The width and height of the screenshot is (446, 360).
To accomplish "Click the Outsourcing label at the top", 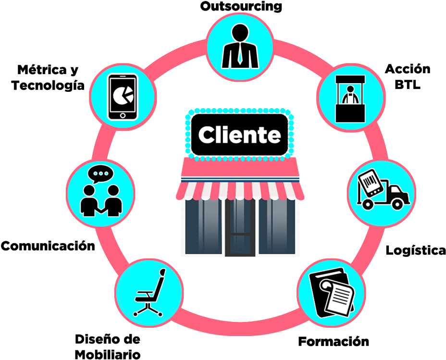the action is click(x=241, y=7).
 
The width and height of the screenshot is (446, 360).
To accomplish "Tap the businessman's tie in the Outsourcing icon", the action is click(x=240, y=53).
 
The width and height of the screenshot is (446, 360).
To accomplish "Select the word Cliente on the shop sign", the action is click(x=239, y=135).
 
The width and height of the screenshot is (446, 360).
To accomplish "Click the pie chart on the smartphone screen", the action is click(x=123, y=95).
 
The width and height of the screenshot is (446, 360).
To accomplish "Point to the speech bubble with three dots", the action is click(x=100, y=174).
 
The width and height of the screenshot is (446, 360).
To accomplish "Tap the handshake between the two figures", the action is click(x=101, y=210).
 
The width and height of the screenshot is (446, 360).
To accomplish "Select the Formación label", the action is click(x=334, y=341).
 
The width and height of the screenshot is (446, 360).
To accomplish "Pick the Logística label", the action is click(x=416, y=250).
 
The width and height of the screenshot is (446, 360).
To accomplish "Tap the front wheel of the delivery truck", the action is click(x=397, y=204).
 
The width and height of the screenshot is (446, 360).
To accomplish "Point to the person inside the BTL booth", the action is click(x=350, y=95).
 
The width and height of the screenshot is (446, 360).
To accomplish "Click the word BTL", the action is click(x=408, y=85).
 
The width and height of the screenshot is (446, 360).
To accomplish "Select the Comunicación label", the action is click(x=48, y=246).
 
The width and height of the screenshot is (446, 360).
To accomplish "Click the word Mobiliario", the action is click(x=108, y=355).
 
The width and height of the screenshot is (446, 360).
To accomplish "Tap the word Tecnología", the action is click(x=48, y=85).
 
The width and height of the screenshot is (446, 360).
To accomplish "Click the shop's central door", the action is click(x=240, y=227).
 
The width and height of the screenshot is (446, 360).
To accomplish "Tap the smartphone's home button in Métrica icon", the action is click(x=123, y=115).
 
